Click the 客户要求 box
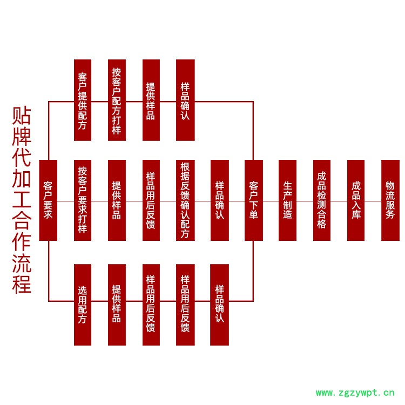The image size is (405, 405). pyautogui.click(x=48, y=200)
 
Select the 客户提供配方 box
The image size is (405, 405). pyautogui.click(x=83, y=100)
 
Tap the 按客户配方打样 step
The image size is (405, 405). pyautogui.click(x=117, y=100)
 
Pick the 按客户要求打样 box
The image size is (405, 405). pyautogui.click(x=83, y=200)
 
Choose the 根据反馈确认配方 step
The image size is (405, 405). pyautogui.click(x=185, y=200)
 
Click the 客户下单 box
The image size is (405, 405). pyautogui.click(x=253, y=200)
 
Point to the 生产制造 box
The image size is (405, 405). pyautogui.click(x=288, y=200)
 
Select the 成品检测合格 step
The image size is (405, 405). pyautogui.click(x=322, y=200)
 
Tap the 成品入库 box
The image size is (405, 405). pyautogui.click(x=356, y=200)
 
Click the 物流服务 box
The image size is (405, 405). pyautogui.click(x=390, y=200)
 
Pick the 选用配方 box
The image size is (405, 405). pyautogui.click(x=83, y=305)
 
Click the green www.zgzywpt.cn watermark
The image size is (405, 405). pyautogui.click(x=355, y=393)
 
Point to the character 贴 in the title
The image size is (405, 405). pyautogui.click(x=22, y=116)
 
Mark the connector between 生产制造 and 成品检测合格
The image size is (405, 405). pyautogui.click(x=305, y=201)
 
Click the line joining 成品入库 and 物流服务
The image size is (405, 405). pyautogui.click(x=373, y=201)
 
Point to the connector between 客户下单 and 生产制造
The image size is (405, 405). pyautogui.click(x=271, y=201)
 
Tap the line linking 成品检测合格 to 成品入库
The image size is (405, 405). pyautogui.click(x=339, y=201)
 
